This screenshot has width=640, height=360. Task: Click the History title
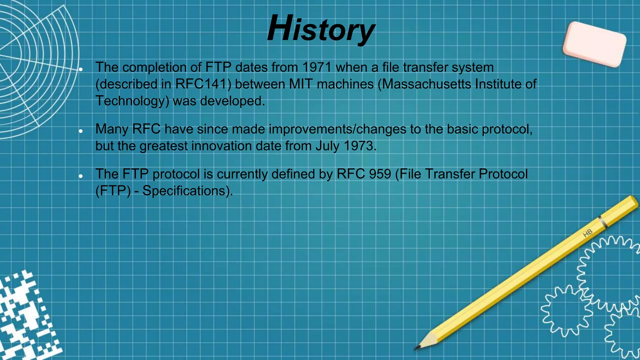321,29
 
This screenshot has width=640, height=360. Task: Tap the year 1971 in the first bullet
317,67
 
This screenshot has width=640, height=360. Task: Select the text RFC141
201,84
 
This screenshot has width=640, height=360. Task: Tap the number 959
380,174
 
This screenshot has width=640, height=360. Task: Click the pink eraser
594,44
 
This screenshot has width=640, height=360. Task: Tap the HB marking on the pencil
587,233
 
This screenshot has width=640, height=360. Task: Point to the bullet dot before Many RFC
81,131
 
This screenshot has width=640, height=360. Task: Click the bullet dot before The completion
81,69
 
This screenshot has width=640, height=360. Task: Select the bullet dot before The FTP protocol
81,176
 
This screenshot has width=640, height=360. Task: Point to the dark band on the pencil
603,222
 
